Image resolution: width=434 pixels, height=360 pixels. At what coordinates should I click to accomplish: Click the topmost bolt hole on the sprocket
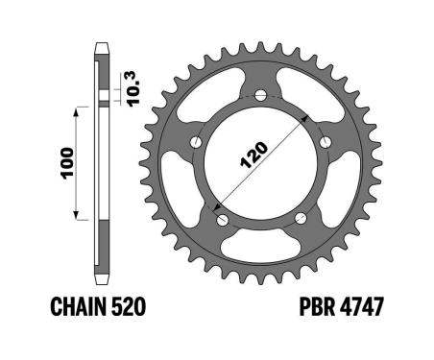tap(261, 95)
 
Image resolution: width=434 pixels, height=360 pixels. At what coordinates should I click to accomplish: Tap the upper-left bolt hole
tap(196, 142)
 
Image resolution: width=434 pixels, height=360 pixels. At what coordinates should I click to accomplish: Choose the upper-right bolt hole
tap(326, 142)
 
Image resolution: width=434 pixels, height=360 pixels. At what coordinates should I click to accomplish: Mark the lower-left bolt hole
tap(221, 219)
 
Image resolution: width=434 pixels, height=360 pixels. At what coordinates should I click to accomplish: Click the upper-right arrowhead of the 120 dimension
tap(308, 114)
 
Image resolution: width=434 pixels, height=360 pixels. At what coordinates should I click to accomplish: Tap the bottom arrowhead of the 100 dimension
tap(78, 217)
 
